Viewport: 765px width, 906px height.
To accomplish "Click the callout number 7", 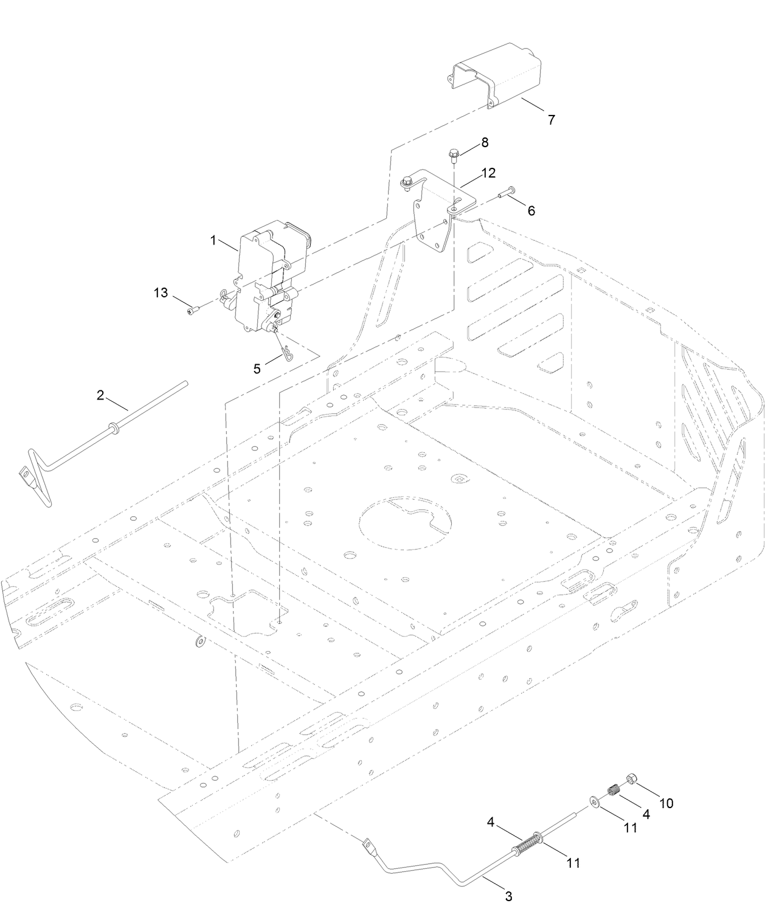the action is [x=551, y=120].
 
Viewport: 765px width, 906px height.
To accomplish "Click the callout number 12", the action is [x=488, y=173].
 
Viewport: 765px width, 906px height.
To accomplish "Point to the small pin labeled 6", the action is [x=504, y=193].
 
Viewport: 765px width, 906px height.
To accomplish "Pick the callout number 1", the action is [x=213, y=240].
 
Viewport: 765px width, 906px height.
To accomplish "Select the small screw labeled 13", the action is [x=193, y=311].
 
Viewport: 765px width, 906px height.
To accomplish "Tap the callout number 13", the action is [x=161, y=293].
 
